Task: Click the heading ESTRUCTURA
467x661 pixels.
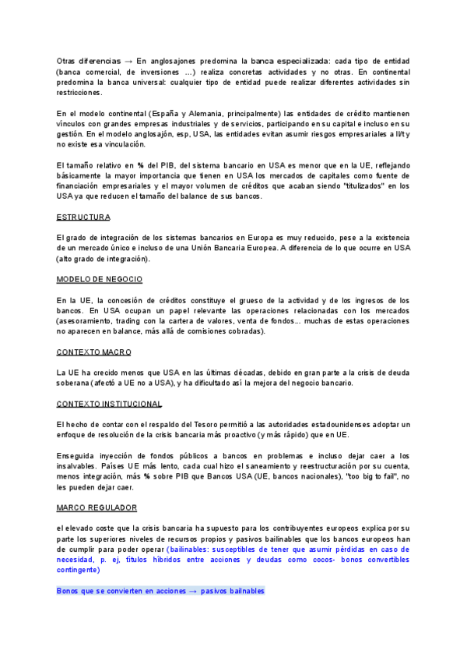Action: (x=83, y=216)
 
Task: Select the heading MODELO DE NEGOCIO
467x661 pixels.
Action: (x=100, y=279)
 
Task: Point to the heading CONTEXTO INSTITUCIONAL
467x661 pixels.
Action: (x=110, y=404)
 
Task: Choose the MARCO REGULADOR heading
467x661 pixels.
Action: (x=97, y=507)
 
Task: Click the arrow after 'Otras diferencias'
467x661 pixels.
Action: (x=128, y=61)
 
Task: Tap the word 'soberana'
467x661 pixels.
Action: (x=75, y=383)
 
